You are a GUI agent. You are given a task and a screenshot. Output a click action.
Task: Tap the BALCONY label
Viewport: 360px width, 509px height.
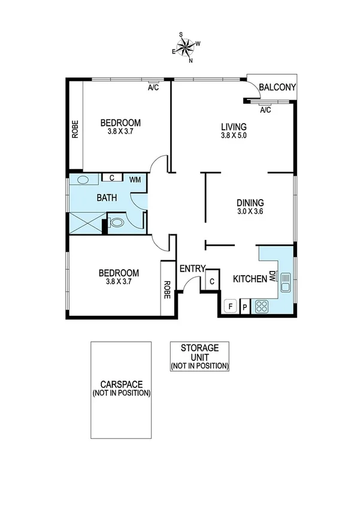pos(277,88)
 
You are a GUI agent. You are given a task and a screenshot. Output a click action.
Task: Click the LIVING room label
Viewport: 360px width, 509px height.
pos(234,127)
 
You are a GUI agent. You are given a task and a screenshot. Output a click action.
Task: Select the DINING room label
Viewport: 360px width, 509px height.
pos(250,203)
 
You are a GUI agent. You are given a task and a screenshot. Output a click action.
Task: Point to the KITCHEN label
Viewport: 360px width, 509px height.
pos(249,278)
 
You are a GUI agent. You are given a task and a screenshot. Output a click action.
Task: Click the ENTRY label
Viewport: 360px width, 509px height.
pos(193,269)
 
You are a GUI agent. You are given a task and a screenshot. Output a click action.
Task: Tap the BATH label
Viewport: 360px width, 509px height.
pos(107,197)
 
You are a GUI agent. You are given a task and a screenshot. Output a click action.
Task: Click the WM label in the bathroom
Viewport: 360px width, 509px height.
pos(135,178)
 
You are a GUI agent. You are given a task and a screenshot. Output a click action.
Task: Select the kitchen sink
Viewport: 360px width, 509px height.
pos(286,282)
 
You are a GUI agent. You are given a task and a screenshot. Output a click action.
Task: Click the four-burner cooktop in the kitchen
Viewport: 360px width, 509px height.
pos(262,307)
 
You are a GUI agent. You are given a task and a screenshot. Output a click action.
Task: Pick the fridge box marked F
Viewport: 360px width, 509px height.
pos(228,307)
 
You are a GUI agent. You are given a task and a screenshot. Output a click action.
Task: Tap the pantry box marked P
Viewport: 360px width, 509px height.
pos(244,307)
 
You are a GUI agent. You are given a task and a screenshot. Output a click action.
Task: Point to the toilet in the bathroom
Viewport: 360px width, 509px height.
pos(118,222)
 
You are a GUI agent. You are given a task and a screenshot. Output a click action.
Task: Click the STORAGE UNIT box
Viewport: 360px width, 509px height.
pos(200,356)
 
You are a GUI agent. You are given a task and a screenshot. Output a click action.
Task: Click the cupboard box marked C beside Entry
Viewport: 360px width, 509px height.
pos(212,281)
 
